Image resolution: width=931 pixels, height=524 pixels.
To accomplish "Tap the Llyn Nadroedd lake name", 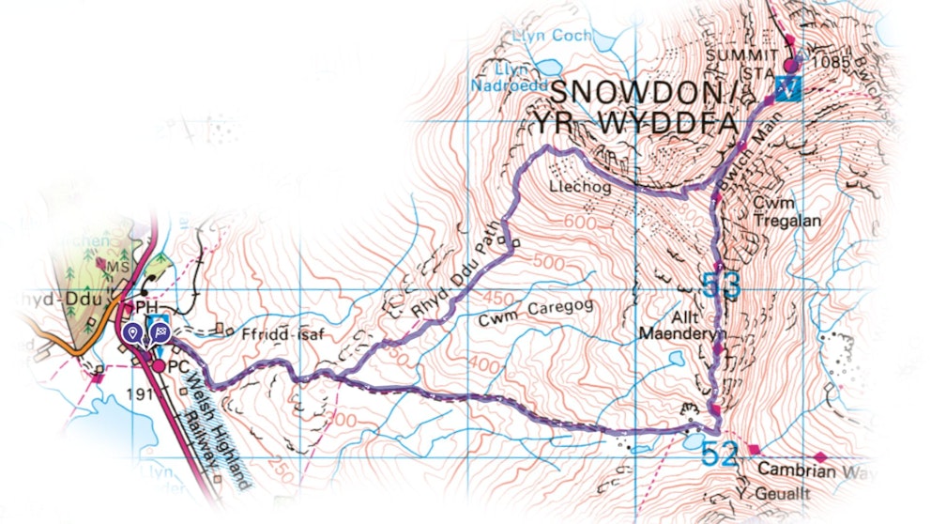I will coord(497,75).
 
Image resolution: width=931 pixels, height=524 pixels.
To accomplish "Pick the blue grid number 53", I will coord(721,285).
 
